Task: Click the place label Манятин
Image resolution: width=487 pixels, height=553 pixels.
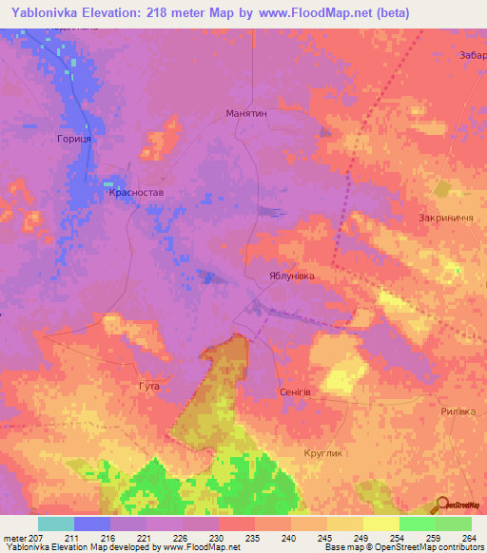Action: coord(246,112)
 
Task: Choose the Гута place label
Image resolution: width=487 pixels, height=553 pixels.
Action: coord(148,387)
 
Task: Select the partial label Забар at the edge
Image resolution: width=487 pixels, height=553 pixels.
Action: coord(472,54)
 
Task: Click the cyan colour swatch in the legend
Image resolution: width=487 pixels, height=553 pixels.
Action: coord(56,524)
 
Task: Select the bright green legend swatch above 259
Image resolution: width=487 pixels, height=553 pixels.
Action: coord(418,524)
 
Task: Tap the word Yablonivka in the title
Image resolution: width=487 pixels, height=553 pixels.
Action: coord(47,12)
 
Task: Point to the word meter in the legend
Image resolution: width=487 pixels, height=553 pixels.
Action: coord(14,538)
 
